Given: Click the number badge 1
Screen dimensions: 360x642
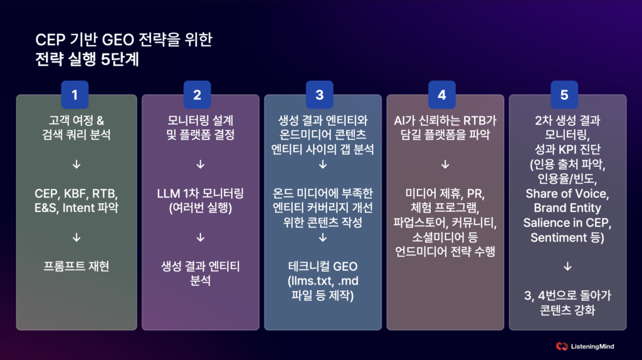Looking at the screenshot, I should click(x=75, y=95).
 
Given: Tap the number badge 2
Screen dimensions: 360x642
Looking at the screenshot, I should click(x=197, y=95).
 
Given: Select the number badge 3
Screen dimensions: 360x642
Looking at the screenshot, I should click(x=319, y=95).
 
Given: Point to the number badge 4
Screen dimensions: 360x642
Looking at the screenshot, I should click(x=441, y=95).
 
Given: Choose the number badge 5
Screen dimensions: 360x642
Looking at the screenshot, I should click(x=564, y=95).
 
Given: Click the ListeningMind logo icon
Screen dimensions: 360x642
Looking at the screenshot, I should click(x=562, y=346).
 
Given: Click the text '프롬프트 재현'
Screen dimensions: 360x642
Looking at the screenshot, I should click(x=76, y=266).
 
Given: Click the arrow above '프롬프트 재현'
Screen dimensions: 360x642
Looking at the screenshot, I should click(x=76, y=237).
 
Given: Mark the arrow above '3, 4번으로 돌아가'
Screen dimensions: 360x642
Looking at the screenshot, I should click(x=566, y=266).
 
